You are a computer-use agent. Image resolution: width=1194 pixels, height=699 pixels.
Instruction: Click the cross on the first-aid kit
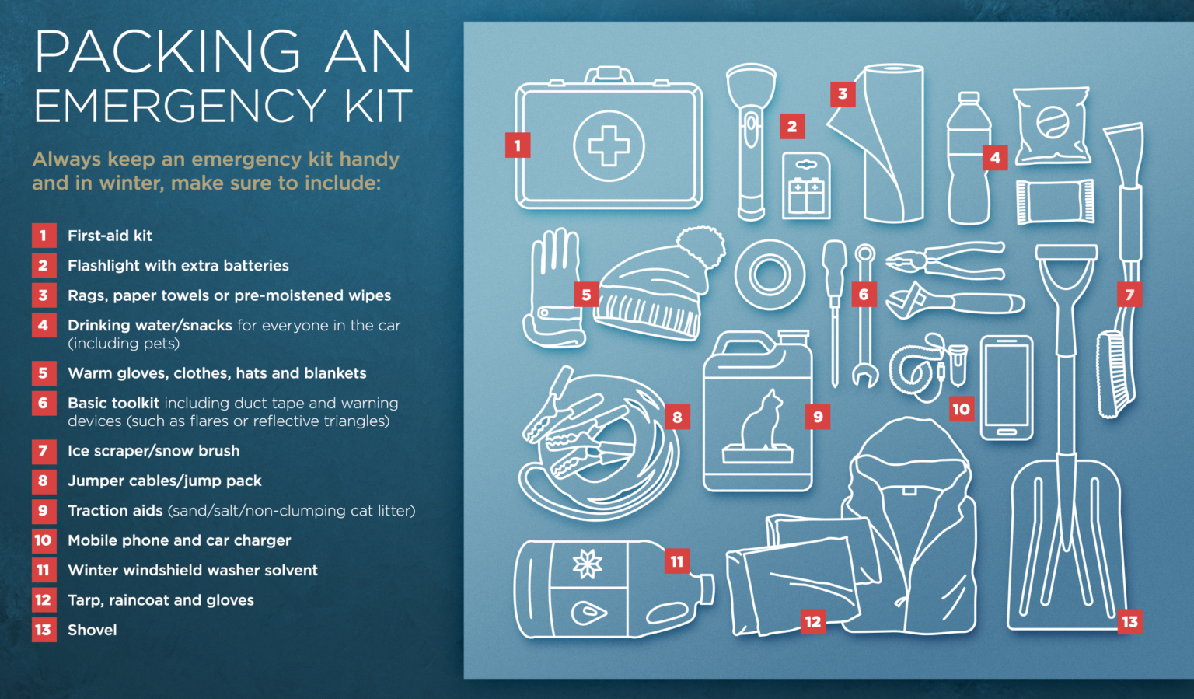[x=609, y=145]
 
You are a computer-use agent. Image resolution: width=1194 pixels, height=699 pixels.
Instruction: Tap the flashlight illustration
[x=750, y=142]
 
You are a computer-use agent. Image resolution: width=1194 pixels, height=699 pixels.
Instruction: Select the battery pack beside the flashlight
[x=806, y=186]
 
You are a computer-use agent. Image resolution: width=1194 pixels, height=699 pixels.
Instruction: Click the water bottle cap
[x=969, y=97]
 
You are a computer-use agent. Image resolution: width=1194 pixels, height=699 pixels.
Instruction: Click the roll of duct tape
[x=769, y=274]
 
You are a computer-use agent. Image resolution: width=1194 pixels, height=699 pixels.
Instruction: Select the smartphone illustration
[x=1007, y=388]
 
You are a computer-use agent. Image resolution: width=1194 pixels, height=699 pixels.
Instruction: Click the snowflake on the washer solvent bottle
[x=587, y=564]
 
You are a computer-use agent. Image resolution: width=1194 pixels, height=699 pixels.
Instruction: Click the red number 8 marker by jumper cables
[x=678, y=417]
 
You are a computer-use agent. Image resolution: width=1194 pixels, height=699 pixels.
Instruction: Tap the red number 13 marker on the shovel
[x=1130, y=622]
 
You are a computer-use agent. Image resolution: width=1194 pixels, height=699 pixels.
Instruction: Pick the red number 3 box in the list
[x=44, y=295]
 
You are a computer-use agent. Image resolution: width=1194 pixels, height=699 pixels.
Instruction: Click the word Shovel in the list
[x=93, y=631]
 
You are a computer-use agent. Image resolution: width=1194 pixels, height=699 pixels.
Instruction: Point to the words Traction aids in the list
[x=115, y=511]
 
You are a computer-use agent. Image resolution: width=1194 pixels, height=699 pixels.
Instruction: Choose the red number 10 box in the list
[x=44, y=540]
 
